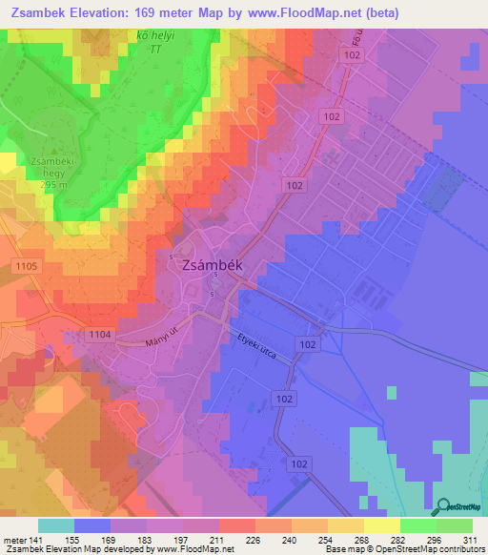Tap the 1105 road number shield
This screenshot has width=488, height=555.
tap(27, 265)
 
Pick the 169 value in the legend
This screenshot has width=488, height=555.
tap(110, 539)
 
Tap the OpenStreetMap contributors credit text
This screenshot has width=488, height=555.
tap(433, 549)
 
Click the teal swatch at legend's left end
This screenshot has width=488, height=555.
tap(56, 525)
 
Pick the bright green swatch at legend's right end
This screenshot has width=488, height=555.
tap(454, 525)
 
